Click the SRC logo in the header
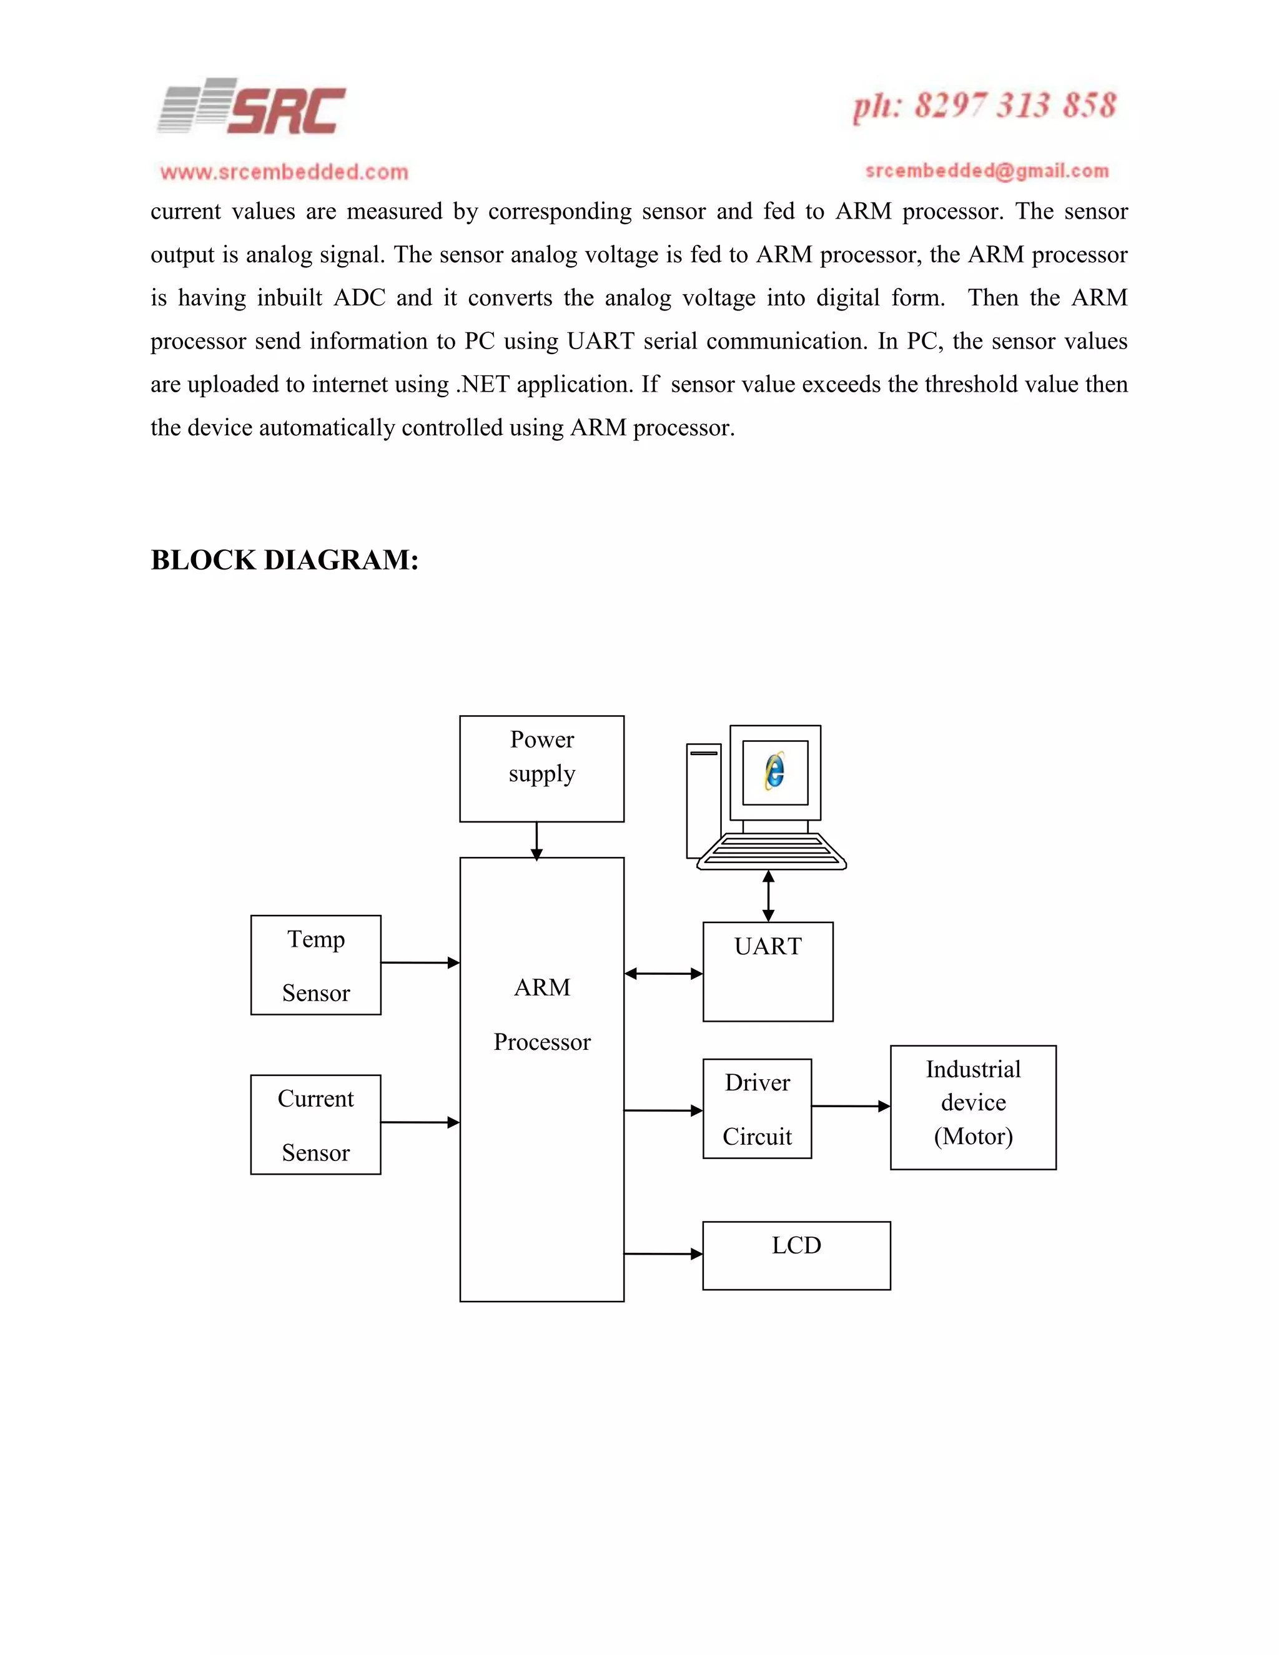pos(252,107)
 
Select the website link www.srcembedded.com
pos(284,172)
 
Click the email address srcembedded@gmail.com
pos(987,171)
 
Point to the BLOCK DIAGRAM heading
pos(284,560)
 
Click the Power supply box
pos(541,768)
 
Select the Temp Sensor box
pos(316,965)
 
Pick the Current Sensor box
pos(316,1125)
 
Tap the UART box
pos(768,972)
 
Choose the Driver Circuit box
pos(757,1109)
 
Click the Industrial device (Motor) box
pos(973,1107)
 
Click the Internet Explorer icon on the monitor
pos(774,771)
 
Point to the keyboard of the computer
pos(771,852)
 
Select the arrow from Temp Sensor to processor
pos(420,962)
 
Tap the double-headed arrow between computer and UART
pos(768,896)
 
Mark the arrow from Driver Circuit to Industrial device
pos(850,1107)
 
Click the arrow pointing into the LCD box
pos(663,1254)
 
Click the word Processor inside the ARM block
pos(541,1042)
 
